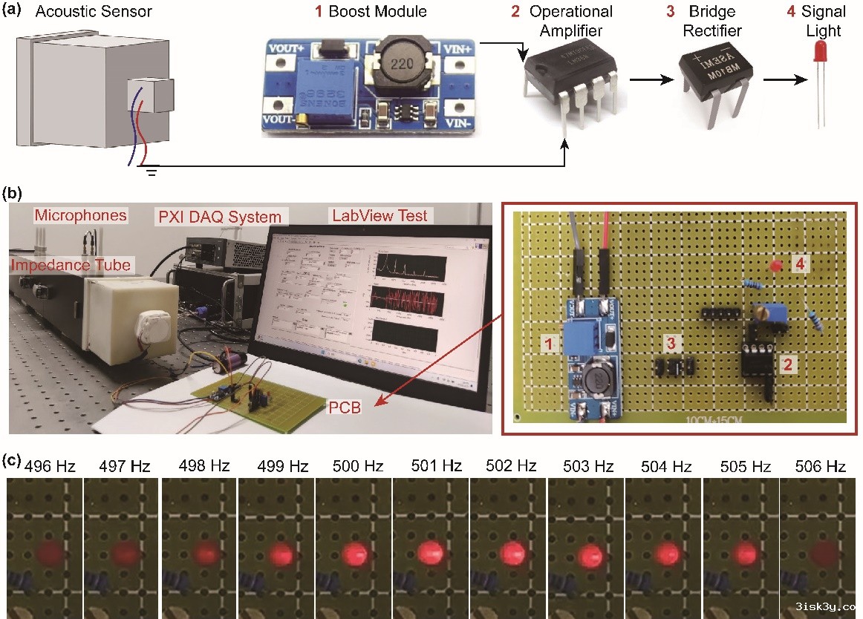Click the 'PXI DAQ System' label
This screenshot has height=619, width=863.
221,217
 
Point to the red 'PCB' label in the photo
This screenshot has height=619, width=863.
345,407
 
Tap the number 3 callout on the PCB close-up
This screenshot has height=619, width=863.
671,343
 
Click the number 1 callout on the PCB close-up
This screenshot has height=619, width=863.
548,344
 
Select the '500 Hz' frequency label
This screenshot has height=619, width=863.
359,467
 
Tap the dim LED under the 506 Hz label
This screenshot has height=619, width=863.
818,554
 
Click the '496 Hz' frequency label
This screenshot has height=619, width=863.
50,467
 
